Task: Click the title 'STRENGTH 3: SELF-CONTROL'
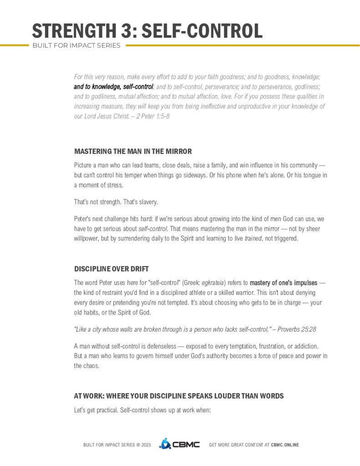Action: pos(147,30)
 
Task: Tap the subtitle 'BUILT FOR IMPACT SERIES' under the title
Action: pos(76,46)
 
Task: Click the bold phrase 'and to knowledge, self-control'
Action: pos(113,86)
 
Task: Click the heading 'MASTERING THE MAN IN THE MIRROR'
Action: pos(133,151)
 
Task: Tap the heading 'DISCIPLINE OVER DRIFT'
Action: pos(111,268)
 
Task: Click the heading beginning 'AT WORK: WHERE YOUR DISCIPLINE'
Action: pos(178,396)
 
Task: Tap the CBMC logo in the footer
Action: pos(179,444)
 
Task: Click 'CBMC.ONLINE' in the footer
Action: pos(285,445)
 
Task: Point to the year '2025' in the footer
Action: pos(146,445)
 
